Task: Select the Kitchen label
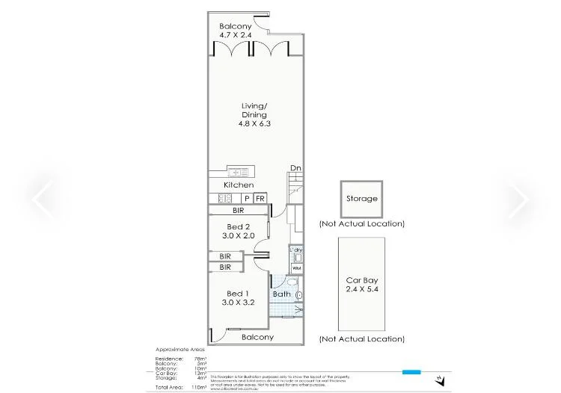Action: [239, 185]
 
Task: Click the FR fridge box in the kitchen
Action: [260, 198]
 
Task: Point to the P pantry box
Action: [246, 198]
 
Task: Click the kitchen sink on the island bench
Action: [241, 172]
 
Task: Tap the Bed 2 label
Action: [239, 226]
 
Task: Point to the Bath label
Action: [281, 294]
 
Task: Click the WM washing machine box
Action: [296, 267]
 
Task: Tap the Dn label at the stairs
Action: [295, 168]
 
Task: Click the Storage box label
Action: [361, 199]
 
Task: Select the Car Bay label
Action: [361, 280]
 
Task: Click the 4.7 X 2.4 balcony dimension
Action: [236, 35]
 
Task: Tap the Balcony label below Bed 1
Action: [257, 337]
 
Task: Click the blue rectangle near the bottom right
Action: [411, 371]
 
